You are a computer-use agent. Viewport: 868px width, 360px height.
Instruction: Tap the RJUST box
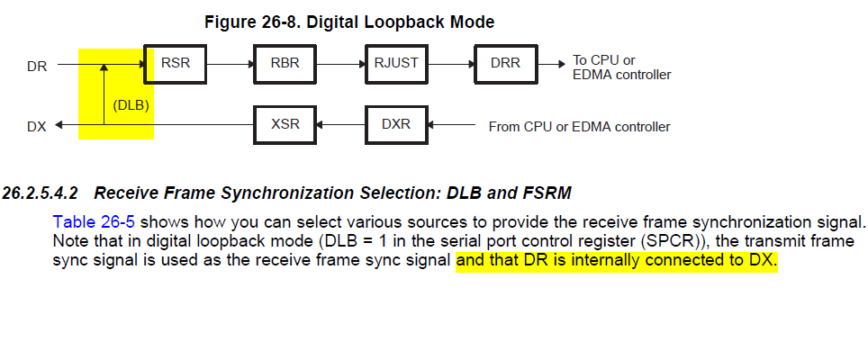point(397,64)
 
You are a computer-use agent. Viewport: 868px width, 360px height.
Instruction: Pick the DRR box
point(506,64)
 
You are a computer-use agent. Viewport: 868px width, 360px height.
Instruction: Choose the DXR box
point(396,124)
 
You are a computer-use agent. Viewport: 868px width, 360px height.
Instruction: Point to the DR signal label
point(38,66)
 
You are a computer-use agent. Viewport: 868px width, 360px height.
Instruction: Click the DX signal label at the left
point(37,126)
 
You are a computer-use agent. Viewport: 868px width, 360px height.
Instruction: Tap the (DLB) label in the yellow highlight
point(131,105)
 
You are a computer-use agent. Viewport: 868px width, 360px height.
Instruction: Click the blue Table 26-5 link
point(94,221)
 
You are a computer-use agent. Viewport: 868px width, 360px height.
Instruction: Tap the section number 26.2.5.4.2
point(41,192)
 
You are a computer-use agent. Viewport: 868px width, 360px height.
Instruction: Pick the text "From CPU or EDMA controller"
point(579,127)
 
